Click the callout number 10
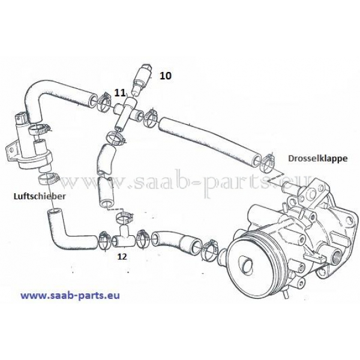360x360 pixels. [166, 76]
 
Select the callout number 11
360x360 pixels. [120, 93]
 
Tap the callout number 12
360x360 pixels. [122, 256]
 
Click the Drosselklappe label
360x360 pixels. [318, 158]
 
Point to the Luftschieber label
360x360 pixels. [40, 196]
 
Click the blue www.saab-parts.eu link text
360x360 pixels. [70, 295]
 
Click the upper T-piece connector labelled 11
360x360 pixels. [127, 110]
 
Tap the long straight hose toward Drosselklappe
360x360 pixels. [210, 140]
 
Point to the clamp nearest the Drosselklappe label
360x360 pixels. [268, 163]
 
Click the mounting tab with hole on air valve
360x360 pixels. [10, 150]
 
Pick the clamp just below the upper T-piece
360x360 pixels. [115, 139]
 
